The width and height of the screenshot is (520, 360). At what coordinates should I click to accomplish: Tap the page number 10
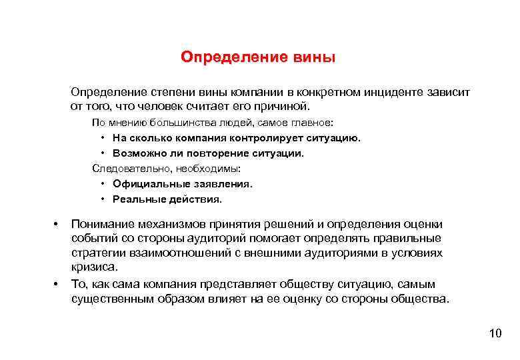point(494,333)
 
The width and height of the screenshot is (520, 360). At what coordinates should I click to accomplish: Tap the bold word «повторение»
point(218,153)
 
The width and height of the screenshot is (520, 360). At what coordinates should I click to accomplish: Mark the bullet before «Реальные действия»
point(103,199)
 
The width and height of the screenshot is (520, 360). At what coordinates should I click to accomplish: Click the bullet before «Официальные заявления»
point(103,184)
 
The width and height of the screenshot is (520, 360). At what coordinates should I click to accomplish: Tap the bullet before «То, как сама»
point(57,285)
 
